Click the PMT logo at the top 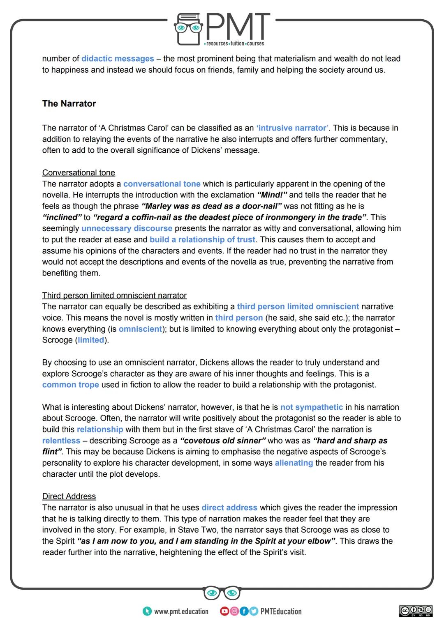(222, 29)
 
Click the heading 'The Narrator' (69, 103)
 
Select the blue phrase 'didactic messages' (118, 59)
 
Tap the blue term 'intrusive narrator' (292, 128)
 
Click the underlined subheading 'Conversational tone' (79, 173)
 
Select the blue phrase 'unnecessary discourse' (127, 228)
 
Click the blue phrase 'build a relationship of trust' (202, 239)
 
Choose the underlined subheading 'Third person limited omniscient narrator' (114, 296)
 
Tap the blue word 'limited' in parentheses (91, 340)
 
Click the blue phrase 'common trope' (70, 385)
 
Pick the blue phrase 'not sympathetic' (311, 407)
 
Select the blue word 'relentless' (61, 441)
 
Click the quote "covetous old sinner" (223, 441)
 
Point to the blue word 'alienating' (294, 463)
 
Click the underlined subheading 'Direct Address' (69, 496)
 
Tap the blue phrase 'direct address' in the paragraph (229, 508)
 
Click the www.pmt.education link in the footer (181, 611)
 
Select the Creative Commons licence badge (416, 611)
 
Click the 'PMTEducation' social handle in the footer (281, 611)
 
